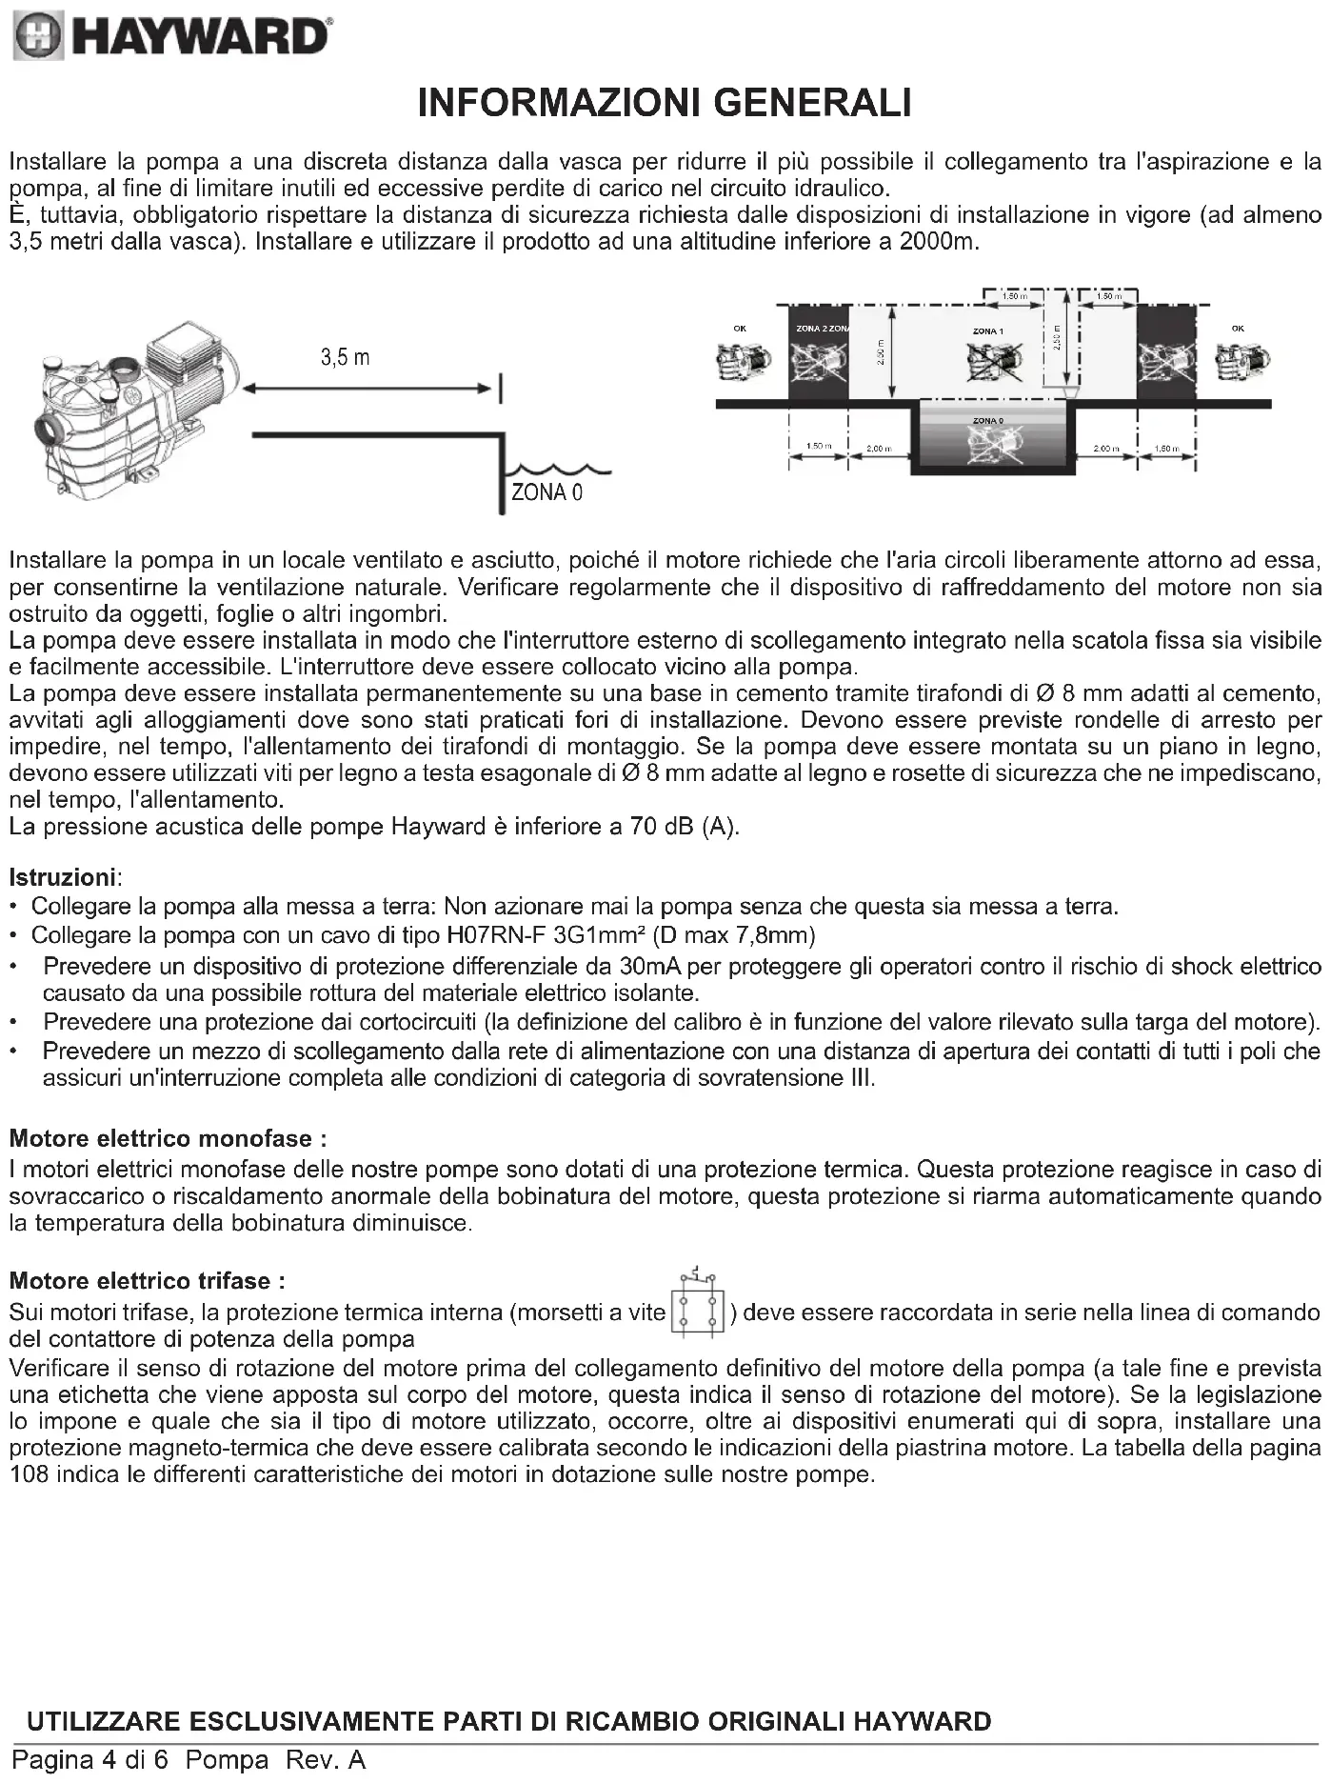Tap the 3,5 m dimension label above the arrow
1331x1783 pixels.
coord(345,358)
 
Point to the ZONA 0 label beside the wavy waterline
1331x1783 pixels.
coord(546,492)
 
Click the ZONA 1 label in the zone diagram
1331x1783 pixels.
coord(987,331)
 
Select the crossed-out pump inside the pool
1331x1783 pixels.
coord(990,444)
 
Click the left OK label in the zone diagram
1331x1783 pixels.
coord(740,329)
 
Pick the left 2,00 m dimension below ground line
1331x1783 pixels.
coord(878,449)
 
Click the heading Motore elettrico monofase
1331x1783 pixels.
coord(168,1138)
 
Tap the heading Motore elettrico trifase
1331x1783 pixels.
coord(147,1281)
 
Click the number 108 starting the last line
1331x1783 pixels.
coord(29,1474)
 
